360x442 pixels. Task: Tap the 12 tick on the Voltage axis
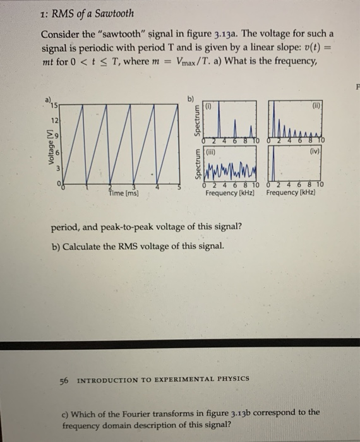pos(56,119)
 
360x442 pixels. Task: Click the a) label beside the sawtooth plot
pos(47,99)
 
